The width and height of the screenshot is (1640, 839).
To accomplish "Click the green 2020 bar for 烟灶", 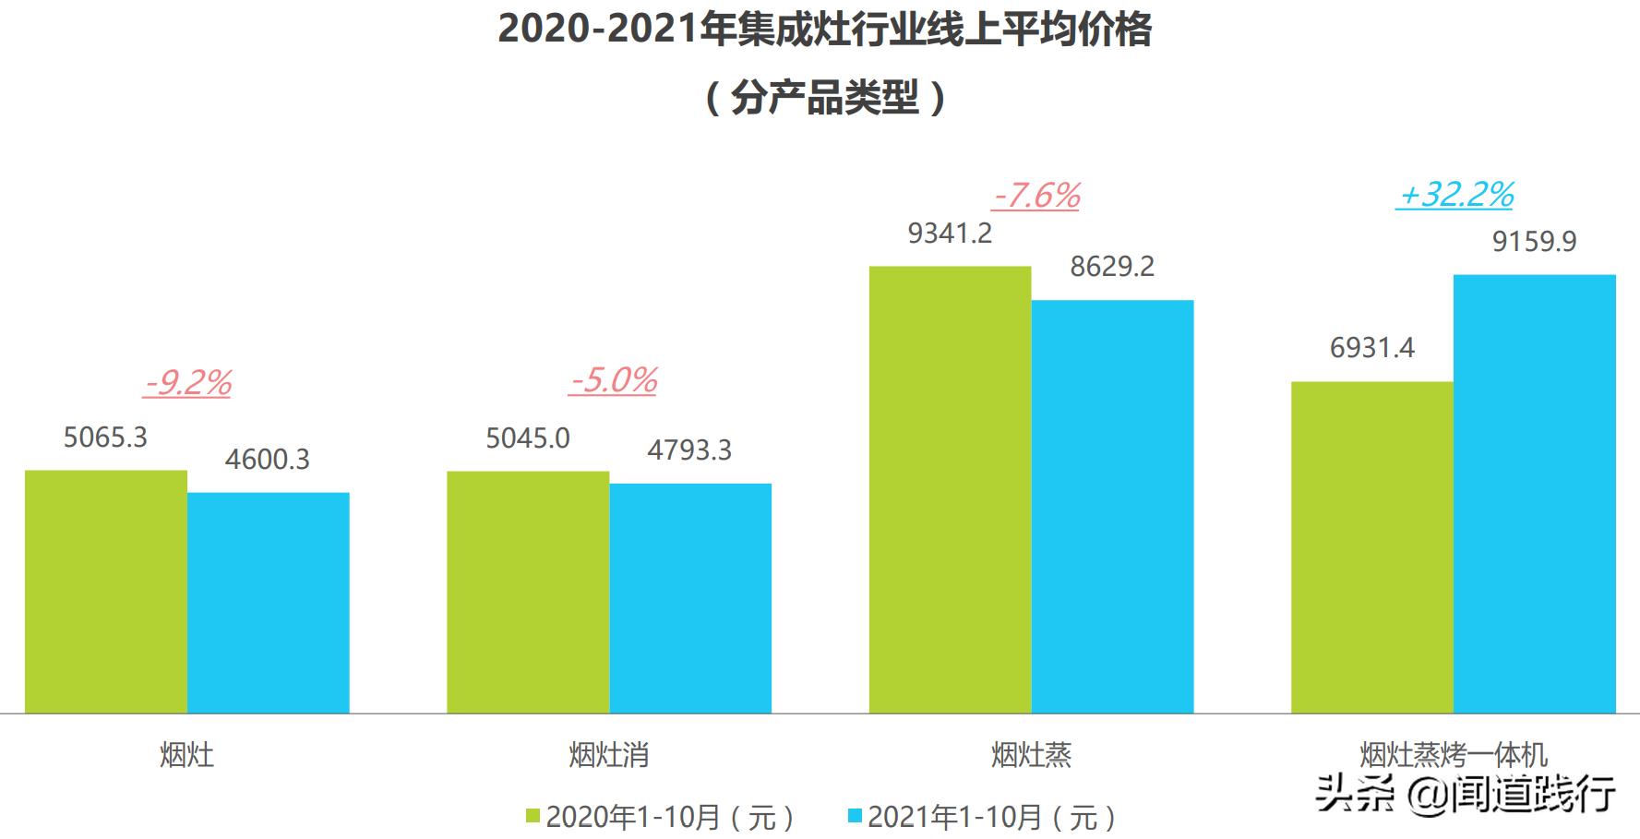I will pyautogui.click(x=105, y=592).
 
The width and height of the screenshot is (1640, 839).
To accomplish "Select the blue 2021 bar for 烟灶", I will pyautogui.click(x=268, y=603).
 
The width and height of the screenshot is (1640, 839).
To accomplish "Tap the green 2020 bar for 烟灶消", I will pyautogui.click(x=528, y=592).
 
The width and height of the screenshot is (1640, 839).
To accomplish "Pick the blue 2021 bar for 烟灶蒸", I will pyautogui.click(x=1112, y=506).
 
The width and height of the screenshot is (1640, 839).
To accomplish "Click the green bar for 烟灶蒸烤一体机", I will pyautogui.click(x=1371, y=546).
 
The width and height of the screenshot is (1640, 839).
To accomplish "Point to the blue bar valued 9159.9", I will pyautogui.click(x=1534, y=494).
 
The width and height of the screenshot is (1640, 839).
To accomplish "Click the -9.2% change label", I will pyautogui.click(x=187, y=382).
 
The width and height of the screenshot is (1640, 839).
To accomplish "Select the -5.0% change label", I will pyautogui.click(x=613, y=380).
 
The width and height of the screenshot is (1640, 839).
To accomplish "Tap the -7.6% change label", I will pyautogui.click(x=1036, y=196).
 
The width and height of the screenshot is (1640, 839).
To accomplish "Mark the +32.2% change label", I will pyautogui.click(x=1455, y=195).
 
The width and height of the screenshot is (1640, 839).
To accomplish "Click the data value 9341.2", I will pyautogui.click(x=950, y=234).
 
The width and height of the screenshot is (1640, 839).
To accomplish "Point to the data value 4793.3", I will pyautogui.click(x=689, y=449).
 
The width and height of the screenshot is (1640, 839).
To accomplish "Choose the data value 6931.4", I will pyautogui.click(x=1371, y=348).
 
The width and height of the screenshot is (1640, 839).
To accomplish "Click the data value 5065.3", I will pyautogui.click(x=105, y=437).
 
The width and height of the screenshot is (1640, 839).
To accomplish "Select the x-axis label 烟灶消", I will pyautogui.click(x=609, y=755).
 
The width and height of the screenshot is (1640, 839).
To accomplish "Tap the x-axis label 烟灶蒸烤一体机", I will pyautogui.click(x=1453, y=755).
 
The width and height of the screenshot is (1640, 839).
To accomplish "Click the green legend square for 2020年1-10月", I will pyautogui.click(x=533, y=816).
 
